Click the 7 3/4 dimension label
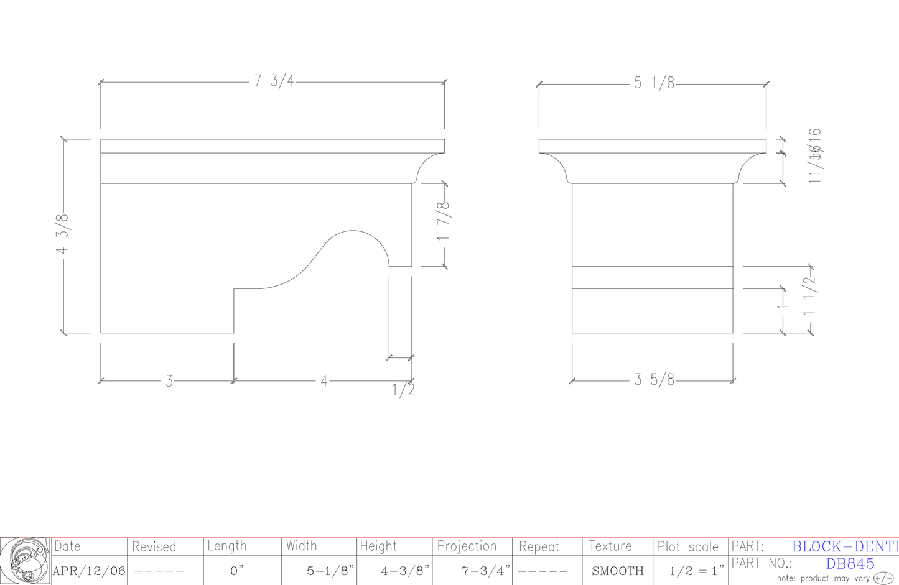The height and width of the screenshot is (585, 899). [274, 81]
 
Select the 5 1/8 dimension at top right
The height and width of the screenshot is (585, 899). [654, 83]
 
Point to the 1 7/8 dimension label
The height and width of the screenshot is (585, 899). [444, 221]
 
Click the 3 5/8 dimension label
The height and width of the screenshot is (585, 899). [654, 380]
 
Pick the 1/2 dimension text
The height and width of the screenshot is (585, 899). [403, 390]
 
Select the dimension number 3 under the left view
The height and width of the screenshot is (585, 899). [169, 381]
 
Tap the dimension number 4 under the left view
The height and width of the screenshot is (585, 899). [324, 381]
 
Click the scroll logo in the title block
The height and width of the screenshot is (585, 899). [25, 561]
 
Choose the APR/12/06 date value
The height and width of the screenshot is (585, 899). [89, 571]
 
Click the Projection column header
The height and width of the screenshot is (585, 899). [467, 546]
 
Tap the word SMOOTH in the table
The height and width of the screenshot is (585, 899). [617, 571]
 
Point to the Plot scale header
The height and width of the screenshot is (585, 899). [688, 547]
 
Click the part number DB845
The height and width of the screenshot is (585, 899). [850, 563]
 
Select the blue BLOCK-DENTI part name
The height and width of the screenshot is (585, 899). [845, 546]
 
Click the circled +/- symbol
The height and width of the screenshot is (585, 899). [883, 578]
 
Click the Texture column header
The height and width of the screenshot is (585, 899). [610, 546]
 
